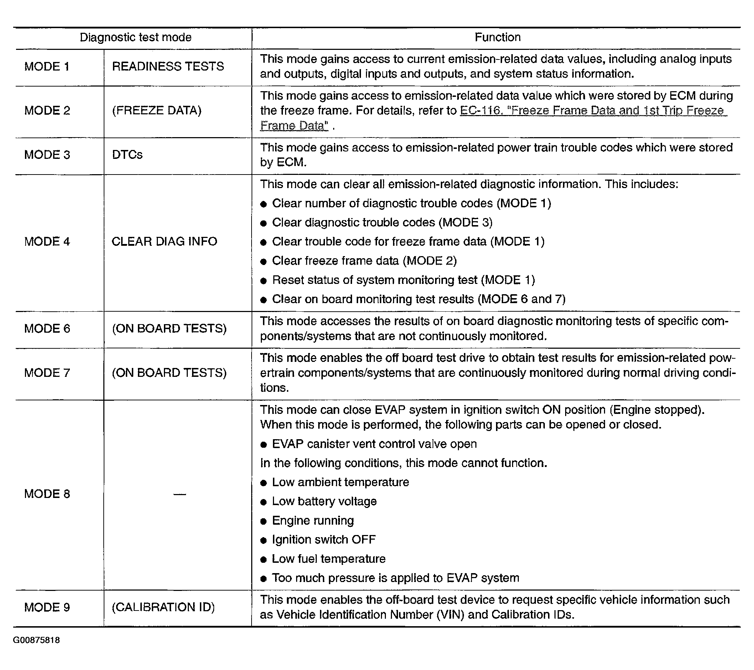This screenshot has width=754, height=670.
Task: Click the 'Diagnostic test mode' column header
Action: coord(135,37)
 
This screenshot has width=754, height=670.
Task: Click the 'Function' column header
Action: coord(497,37)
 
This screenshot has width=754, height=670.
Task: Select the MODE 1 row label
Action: coord(47,66)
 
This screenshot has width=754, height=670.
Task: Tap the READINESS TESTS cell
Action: coord(168,66)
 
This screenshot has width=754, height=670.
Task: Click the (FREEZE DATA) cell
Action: coord(157,110)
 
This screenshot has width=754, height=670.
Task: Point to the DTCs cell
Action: coord(127,155)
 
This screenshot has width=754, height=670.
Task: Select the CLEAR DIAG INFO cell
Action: coord(164,241)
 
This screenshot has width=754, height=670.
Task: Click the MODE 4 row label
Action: coord(47,241)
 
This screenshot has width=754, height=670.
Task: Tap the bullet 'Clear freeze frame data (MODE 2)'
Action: coord(364,261)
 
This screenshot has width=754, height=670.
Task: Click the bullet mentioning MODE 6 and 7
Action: coord(418,299)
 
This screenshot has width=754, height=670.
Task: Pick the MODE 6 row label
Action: coord(47,328)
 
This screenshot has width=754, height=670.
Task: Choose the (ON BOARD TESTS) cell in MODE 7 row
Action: coord(169,373)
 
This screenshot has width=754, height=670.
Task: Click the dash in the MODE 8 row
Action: coord(179,494)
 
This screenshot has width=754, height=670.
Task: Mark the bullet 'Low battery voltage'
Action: coord(324,502)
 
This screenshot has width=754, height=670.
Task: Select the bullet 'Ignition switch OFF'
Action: coord(324,540)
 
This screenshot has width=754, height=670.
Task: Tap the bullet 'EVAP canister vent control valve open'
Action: coord(374,444)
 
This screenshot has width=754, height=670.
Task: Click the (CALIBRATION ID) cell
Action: coord(163,607)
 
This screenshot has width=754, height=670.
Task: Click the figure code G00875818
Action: coord(36,640)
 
